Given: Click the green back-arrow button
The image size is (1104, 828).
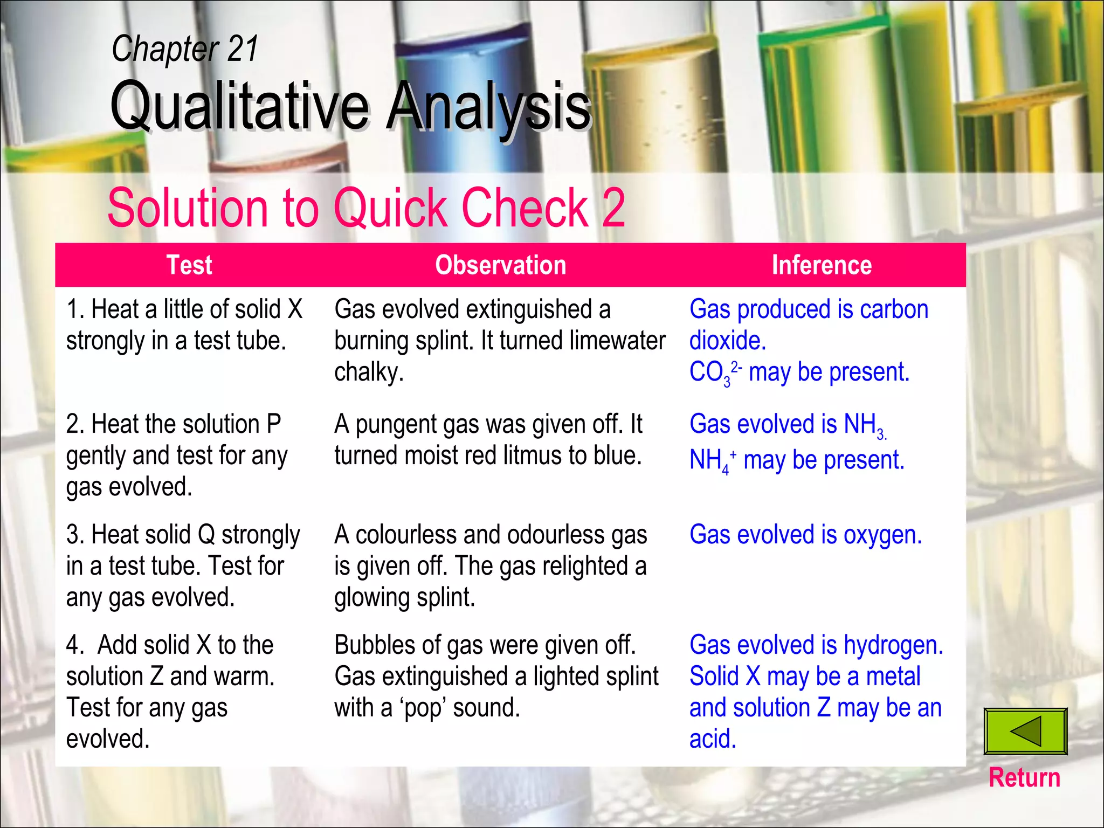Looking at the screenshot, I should point(1025,732).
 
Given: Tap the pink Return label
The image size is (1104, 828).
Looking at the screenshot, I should point(1024,778).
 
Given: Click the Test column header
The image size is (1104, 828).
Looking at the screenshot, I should point(189,265).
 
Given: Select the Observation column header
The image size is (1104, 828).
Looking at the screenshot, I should point(500,265).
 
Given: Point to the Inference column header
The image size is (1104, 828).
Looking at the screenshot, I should point(822,265).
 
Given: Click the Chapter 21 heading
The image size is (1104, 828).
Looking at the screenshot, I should point(185,49).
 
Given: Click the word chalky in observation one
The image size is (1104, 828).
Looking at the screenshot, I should point(369,372).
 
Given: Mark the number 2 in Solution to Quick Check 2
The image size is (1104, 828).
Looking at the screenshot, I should point(613,208).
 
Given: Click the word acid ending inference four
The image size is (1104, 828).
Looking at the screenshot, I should point(713,740).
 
